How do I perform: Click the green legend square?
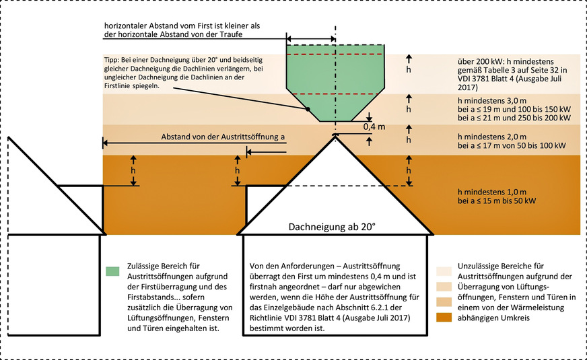point(113,271)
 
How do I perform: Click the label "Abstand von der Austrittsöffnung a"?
point(223,137)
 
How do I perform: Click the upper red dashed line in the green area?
point(335,54)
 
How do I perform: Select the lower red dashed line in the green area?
point(335,94)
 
